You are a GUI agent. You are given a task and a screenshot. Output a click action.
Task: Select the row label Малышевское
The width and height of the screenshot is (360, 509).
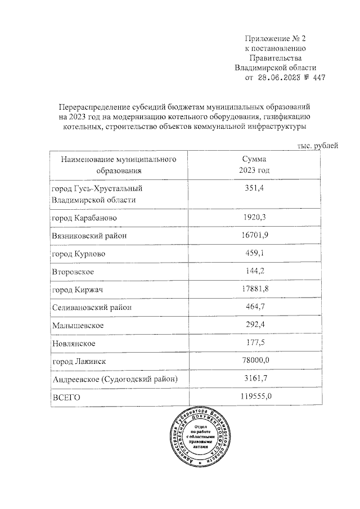[77, 326]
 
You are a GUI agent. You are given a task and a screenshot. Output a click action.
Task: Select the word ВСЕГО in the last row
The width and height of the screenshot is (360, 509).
[66, 398]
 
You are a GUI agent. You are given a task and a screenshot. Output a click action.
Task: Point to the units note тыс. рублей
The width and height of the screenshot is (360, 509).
[317, 146]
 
